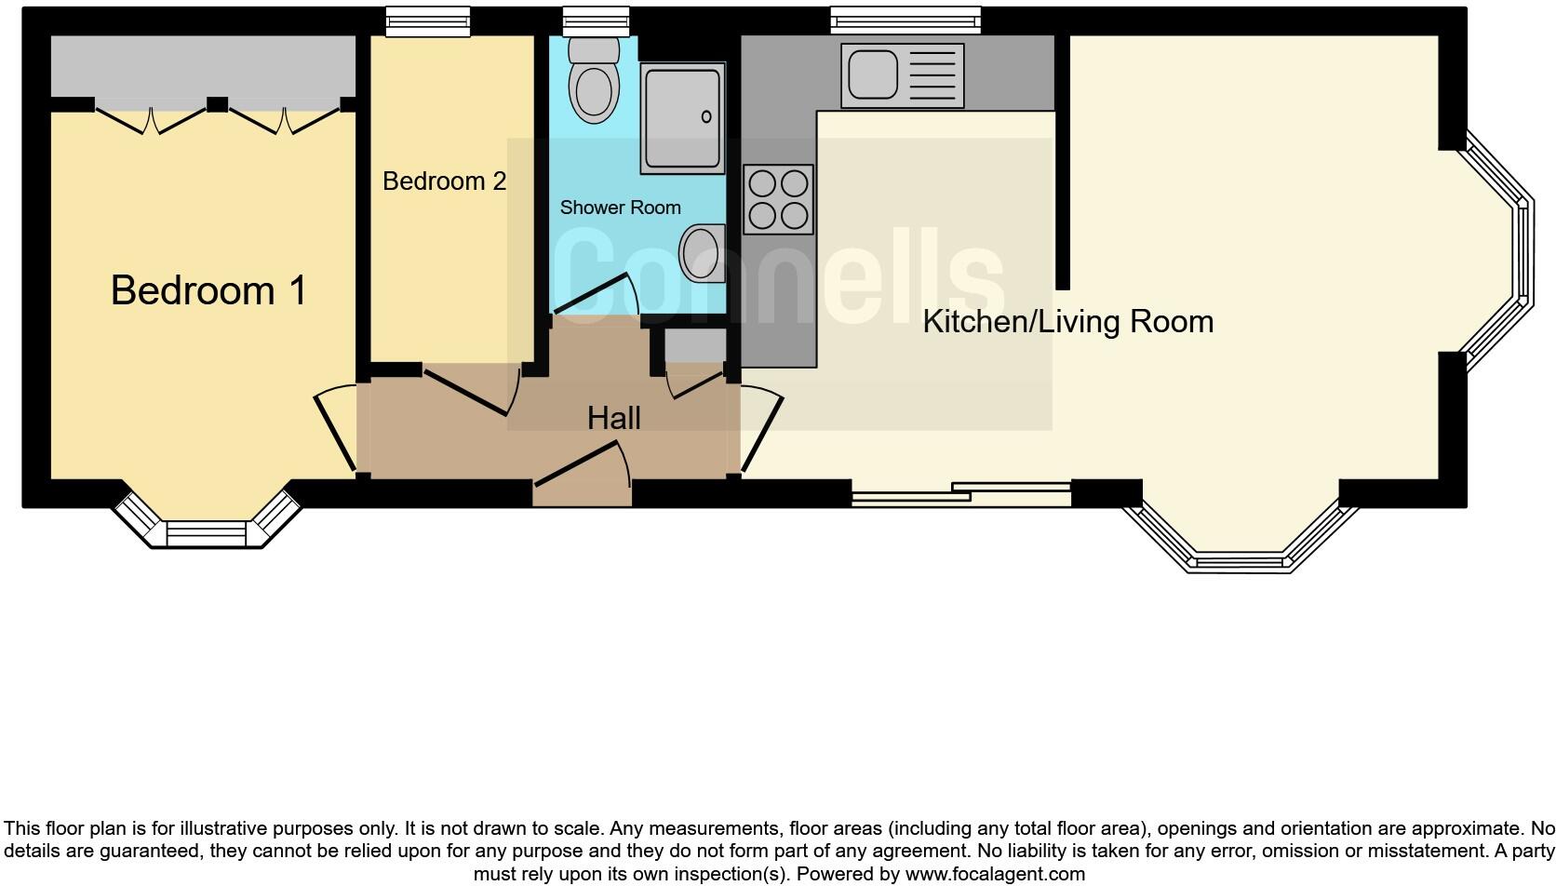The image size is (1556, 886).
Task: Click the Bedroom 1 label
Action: (x=208, y=290)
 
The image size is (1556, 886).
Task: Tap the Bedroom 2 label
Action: (x=444, y=181)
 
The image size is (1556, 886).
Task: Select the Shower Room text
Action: (x=620, y=208)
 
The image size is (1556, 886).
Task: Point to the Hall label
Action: (x=613, y=418)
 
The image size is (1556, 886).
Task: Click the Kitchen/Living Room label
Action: (x=1067, y=322)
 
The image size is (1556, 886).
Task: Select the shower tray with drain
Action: (x=682, y=118)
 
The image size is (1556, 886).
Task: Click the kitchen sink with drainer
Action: (x=902, y=75)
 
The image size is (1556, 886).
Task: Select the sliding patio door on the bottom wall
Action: (x=961, y=493)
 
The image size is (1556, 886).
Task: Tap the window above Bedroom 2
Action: (x=427, y=20)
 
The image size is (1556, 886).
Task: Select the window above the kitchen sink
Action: (x=905, y=20)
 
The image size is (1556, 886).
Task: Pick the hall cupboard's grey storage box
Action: (x=694, y=346)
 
